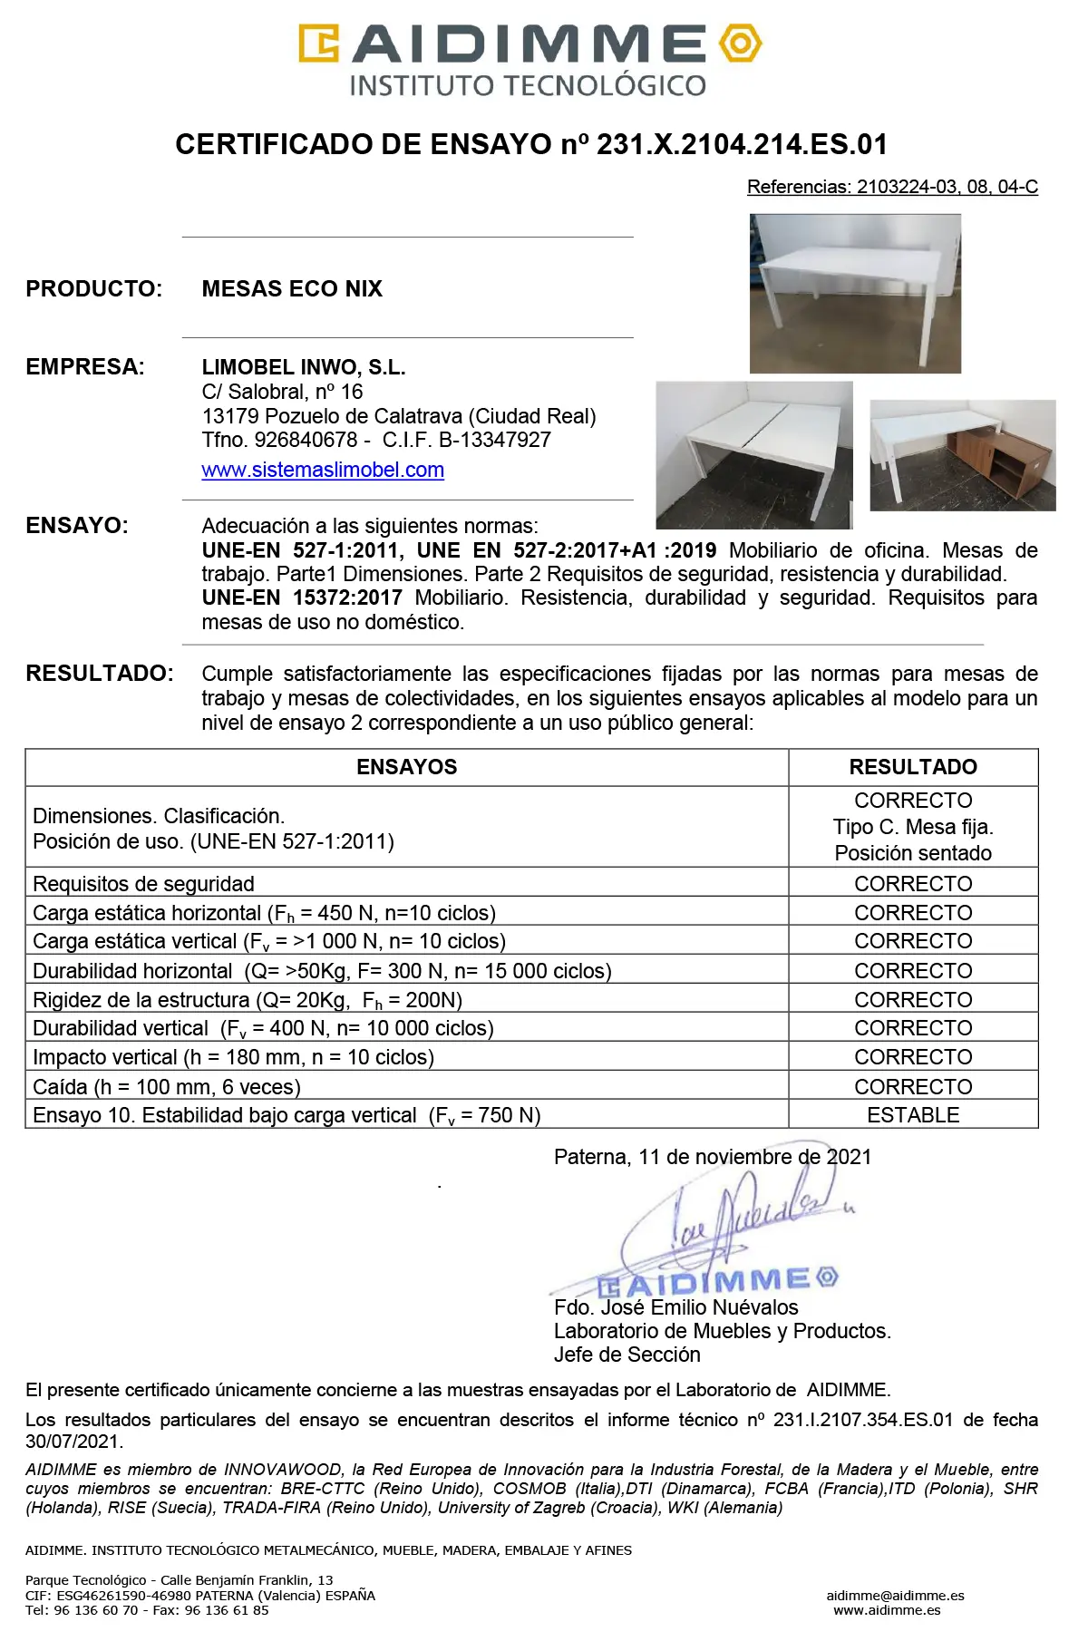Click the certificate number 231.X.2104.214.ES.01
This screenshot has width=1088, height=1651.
[x=742, y=144]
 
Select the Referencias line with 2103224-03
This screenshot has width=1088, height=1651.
[x=892, y=187]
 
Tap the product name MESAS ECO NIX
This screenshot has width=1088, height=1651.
[x=292, y=288]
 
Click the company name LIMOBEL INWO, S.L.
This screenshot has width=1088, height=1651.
[x=304, y=367]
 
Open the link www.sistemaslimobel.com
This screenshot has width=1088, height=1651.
[x=323, y=470]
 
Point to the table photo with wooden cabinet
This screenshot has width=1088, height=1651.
[x=963, y=455]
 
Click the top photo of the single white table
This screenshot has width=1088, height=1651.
[x=855, y=293]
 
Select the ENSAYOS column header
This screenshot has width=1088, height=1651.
[x=406, y=767]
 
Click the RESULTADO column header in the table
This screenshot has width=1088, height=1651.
[x=913, y=767]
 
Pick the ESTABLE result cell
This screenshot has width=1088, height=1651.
[x=913, y=1115]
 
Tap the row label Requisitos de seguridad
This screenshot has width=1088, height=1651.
[x=143, y=884]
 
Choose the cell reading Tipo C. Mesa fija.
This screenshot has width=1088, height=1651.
[x=913, y=827]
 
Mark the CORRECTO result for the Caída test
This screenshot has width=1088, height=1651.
[x=913, y=1086]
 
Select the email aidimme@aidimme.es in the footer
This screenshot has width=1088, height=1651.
[x=895, y=1596]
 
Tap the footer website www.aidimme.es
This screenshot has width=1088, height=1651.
[x=887, y=1610]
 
